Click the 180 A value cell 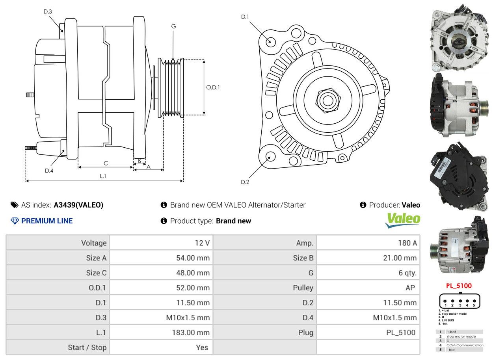pyautogui.click(x=407, y=243)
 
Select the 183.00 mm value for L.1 pyautogui.click(x=191, y=332)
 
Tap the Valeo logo pyautogui.click(x=402, y=220)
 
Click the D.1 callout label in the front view pyautogui.click(x=245, y=17)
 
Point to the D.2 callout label pyautogui.click(x=245, y=182)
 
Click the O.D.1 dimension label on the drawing pyautogui.click(x=213, y=87)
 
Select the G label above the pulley pyautogui.click(x=173, y=26)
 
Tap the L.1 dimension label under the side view pyautogui.click(x=103, y=176)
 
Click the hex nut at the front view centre pyautogui.click(x=327, y=100)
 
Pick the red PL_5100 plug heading pyautogui.click(x=459, y=286)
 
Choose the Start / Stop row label pyautogui.click(x=87, y=347)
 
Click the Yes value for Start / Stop pyautogui.click(x=202, y=347)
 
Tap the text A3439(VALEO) pyautogui.click(x=78, y=205)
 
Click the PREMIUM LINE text pyautogui.click(x=47, y=221)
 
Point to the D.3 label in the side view pyautogui.click(x=48, y=11)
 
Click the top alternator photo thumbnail pyautogui.click(x=459, y=38)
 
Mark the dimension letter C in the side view pyautogui.click(x=106, y=163)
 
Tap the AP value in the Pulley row pyautogui.click(x=410, y=288)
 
